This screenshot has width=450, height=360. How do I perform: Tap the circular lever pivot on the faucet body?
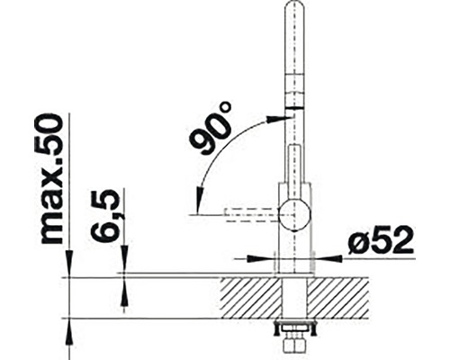292,216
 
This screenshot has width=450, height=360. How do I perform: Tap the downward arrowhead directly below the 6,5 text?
122,264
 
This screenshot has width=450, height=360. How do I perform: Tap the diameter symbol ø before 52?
357,241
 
